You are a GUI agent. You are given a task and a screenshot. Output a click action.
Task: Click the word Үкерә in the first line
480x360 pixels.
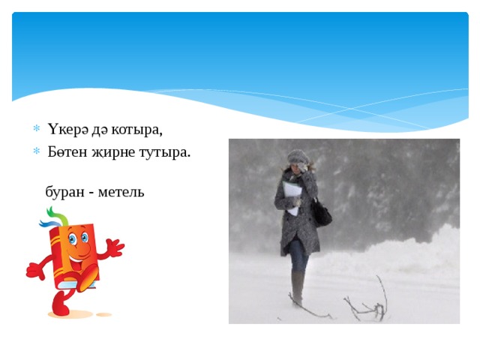pos(68,129)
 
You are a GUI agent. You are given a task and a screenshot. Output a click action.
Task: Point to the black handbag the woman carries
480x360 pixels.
pos(322,215)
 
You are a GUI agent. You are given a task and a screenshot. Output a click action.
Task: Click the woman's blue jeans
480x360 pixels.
pos(299,255)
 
